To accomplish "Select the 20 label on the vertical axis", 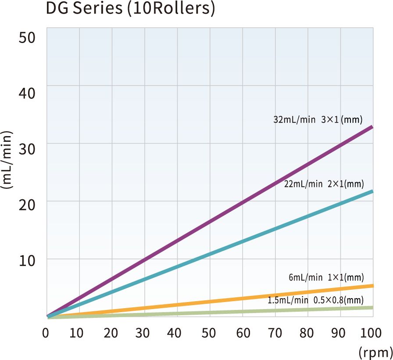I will [27, 204].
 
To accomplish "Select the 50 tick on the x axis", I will [209, 333].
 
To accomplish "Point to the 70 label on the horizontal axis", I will [275, 333].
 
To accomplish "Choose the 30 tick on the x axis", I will [144, 333].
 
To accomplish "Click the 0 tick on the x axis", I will [46, 333].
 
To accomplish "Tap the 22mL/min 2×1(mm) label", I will [324, 184].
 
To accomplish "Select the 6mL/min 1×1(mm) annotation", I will [326, 277].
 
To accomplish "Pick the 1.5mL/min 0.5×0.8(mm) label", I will [316, 300].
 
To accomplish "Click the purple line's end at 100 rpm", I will [372, 127].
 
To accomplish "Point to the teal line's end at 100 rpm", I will [372, 191].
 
